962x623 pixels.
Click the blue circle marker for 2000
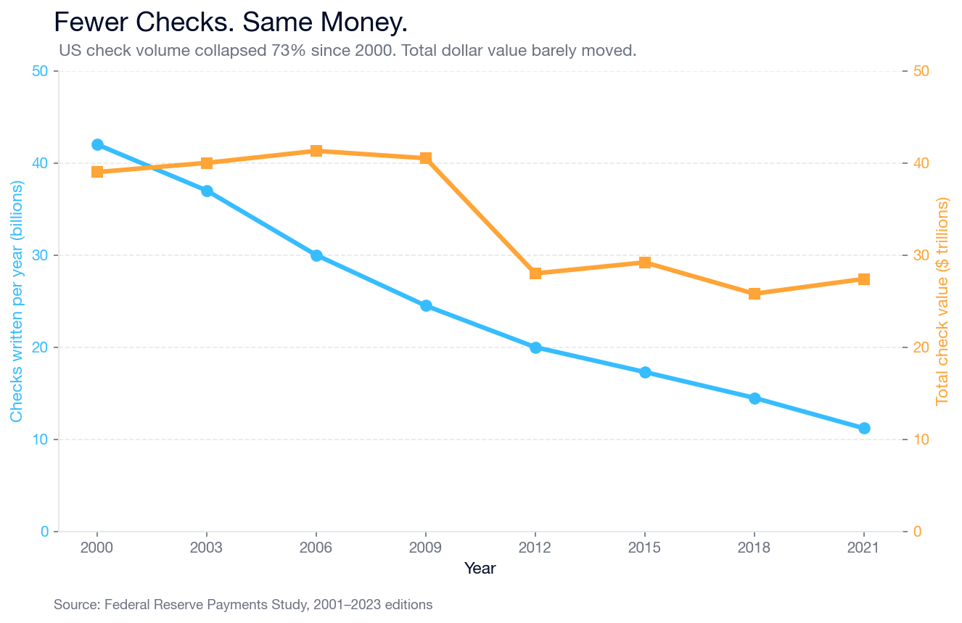97,145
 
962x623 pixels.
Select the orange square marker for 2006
316,151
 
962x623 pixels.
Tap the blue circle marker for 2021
864,429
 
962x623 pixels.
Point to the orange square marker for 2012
535,273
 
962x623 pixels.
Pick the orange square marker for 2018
755,294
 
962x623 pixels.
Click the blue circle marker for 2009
426,306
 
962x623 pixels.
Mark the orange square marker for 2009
426,158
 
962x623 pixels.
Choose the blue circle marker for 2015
645,372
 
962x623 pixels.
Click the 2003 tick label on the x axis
207,548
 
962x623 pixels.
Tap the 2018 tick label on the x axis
755,548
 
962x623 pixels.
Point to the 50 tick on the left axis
40,71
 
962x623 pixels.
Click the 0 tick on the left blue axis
44,532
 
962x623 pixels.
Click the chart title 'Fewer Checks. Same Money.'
231,23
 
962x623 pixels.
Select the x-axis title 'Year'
480,569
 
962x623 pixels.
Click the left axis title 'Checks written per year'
17,301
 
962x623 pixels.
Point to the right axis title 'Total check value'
942,301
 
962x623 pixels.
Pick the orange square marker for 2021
864,279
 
